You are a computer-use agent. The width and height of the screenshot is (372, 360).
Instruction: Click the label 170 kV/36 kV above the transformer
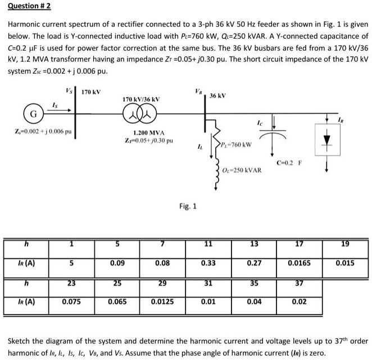point(140,99)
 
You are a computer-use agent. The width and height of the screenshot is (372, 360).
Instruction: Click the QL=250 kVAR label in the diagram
point(242,170)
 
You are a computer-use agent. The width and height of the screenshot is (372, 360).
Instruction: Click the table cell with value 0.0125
point(162,301)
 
